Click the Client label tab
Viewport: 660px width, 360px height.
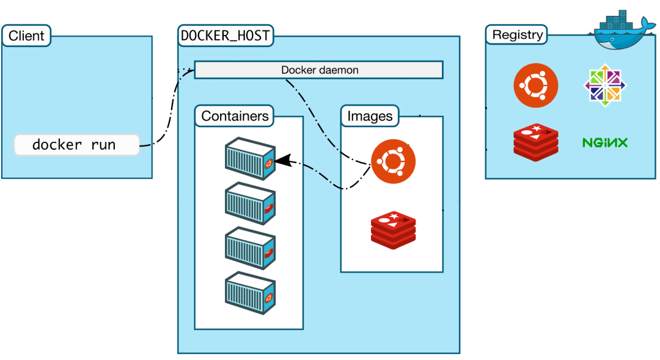pos(26,35)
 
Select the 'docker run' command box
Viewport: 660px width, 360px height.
pos(76,145)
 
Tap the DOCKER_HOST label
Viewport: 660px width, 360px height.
pos(226,35)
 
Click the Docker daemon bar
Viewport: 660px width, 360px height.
pos(319,70)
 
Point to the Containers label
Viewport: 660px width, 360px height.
pos(235,116)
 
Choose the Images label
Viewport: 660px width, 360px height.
pos(370,116)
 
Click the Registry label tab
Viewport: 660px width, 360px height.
pos(518,35)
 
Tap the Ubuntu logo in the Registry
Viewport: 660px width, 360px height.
pos(535,85)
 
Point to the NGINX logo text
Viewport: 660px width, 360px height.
pos(604,143)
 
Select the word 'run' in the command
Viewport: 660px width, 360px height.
pos(102,145)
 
